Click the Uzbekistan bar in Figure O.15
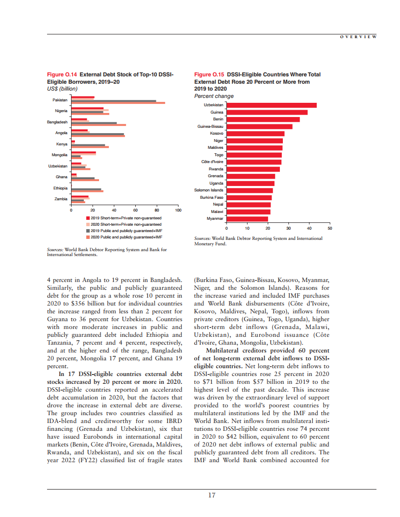(x=271, y=105)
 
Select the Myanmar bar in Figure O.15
(x=247, y=219)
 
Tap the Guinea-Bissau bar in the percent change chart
(x=259, y=126)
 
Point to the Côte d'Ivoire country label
(x=212, y=162)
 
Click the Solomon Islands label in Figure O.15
(x=209, y=190)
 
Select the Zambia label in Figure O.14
(x=61, y=199)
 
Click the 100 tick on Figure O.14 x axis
(x=178, y=210)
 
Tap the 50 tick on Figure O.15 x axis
(x=329, y=229)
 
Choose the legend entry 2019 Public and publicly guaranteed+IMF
(x=126, y=231)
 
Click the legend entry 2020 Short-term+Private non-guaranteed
(x=126, y=224)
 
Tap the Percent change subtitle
(x=214, y=96)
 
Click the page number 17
(x=211, y=495)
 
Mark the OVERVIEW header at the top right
(x=358, y=37)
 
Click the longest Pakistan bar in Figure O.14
(x=118, y=103)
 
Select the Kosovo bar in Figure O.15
(x=255, y=134)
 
